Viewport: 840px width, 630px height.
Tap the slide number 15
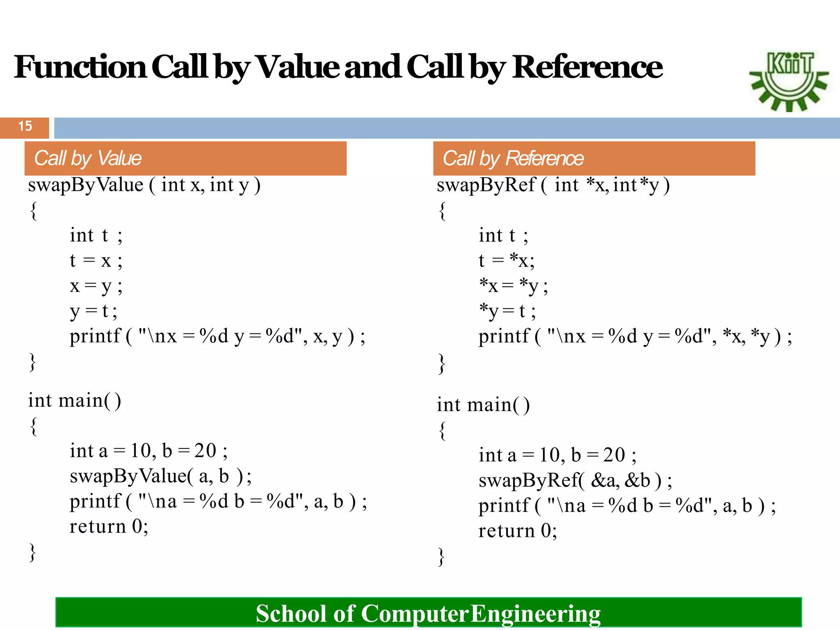pos(25,126)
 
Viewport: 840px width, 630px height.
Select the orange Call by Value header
pos(185,158)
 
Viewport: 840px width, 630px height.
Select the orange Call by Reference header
pos(594,158)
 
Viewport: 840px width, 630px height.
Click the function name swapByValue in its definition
pos(86,185)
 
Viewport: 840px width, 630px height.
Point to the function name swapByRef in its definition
pos(486,185)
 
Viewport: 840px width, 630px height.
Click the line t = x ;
pos(96,260)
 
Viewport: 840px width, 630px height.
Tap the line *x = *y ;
pos(513,286)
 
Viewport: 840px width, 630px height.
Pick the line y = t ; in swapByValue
pos(94,311)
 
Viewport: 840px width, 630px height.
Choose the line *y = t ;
pos(507,311)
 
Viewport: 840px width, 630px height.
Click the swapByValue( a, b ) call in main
pos(160,476)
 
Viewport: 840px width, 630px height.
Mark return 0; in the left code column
pos(109,527)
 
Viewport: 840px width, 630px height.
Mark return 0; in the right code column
pos(518,531)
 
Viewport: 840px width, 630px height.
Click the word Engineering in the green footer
pos(535,614)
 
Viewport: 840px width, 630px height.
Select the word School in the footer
pos(291,614)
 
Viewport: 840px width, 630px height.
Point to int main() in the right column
pos(483,405)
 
